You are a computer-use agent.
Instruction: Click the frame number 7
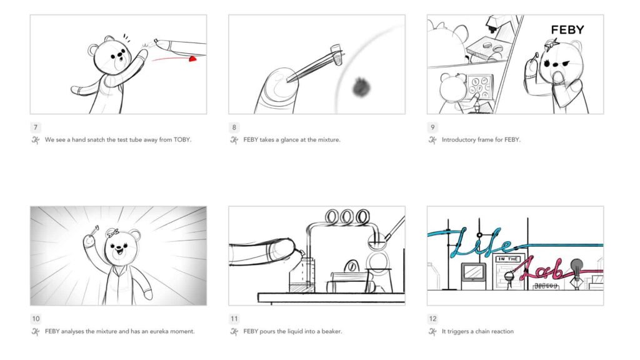(x=36, y=127)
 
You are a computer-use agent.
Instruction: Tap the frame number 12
(x=432, y=319)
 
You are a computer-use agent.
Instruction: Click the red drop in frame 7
(x=193, y=59)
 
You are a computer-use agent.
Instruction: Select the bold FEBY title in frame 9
(x=567, y=29)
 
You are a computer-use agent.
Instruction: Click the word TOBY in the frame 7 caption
(x=181, y=140)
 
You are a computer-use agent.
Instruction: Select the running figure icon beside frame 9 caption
(x=432, y=140)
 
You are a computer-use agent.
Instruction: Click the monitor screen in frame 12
(x=472, y=272)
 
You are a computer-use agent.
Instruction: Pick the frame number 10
(x=36, y=319)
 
